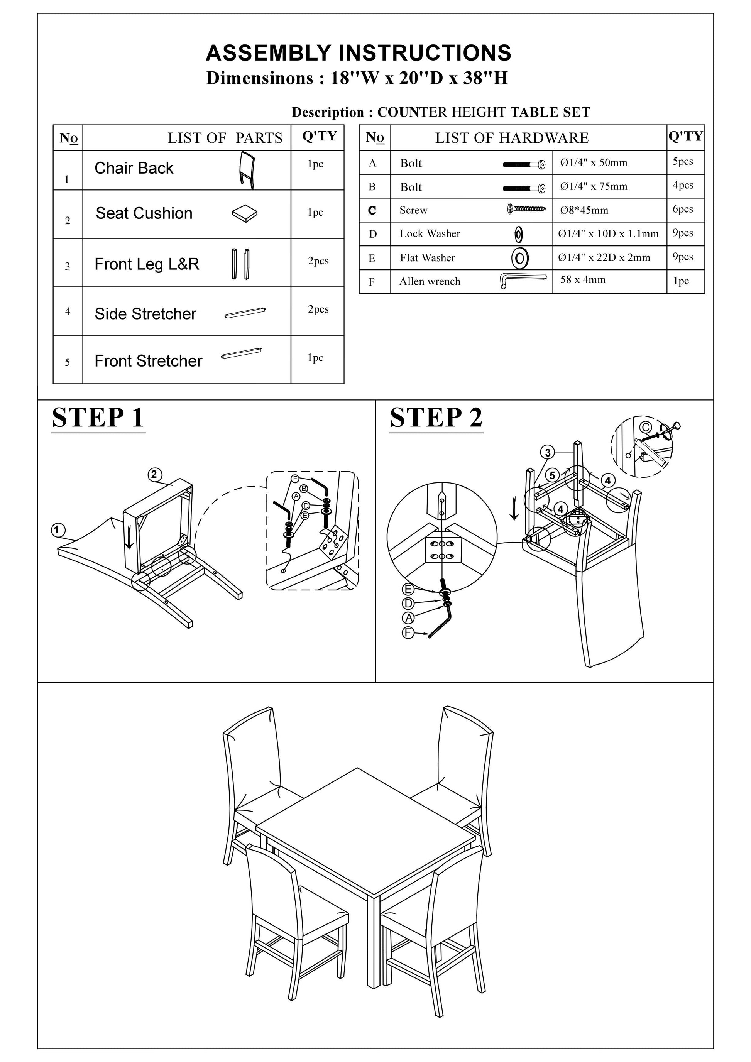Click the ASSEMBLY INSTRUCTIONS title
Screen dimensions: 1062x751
point(359,53)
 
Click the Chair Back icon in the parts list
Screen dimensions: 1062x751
point(247,170)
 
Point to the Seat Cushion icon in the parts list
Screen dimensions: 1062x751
point(245,213)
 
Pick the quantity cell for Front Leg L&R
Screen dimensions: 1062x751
point(318,261)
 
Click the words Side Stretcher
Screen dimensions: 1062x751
point(145,314)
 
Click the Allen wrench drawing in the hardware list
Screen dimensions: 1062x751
point(523,280)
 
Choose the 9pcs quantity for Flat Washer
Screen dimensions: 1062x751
point(683,257)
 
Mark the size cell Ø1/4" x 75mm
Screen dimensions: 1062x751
point(594,186)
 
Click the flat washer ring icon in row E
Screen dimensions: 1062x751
point(520,258)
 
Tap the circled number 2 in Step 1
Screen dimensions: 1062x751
point(154,475)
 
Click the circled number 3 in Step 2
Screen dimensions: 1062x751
point(548,452)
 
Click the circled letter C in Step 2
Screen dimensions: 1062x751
point(646,427)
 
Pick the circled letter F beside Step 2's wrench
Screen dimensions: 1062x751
point(408,633)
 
